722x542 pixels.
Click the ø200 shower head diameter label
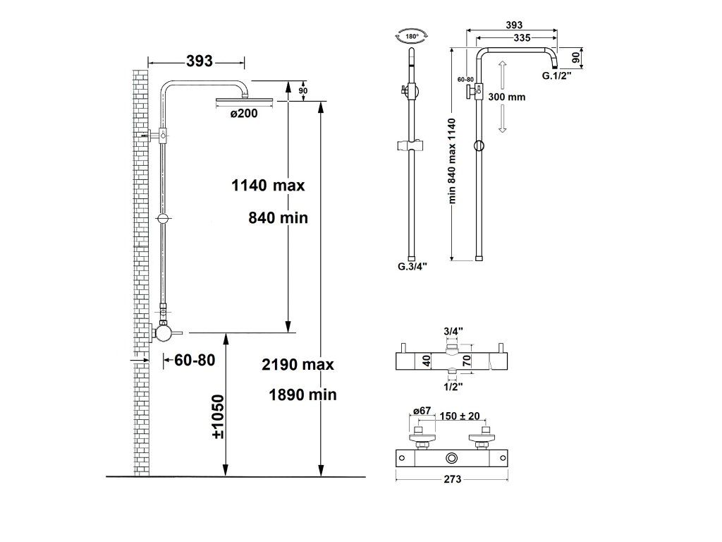coord(244,113)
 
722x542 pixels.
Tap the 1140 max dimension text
coord(268,186)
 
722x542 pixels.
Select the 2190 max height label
coord(298,365)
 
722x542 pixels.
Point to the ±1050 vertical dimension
coord(219,416)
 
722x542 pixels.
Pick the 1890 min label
coord(302,395)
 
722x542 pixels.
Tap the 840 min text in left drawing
coord(278,217)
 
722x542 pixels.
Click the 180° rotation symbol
coord(412,36)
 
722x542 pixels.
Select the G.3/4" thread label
coord(412,266)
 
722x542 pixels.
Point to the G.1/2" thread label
coord(557,76)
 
